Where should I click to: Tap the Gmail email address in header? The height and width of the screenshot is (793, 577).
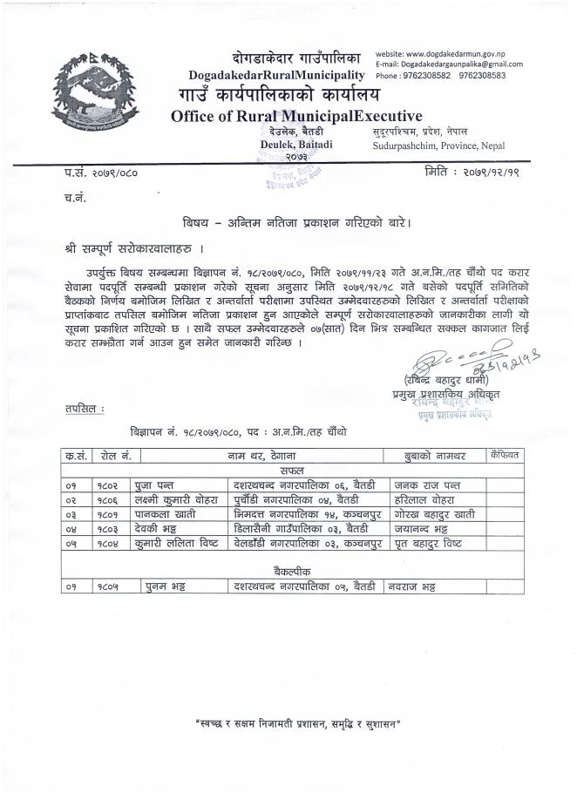point(449,64)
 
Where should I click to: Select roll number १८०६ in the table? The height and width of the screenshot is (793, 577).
point(109,499)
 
